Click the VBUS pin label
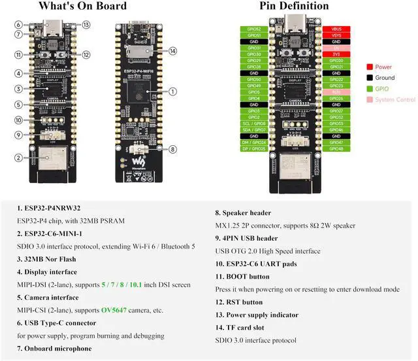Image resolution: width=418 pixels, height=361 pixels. [x=336, y=29]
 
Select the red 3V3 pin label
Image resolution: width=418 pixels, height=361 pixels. [x=336, y=54]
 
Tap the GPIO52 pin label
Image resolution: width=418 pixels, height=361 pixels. [x=254, y=29]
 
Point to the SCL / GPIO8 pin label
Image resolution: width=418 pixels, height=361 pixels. [x=254, y=123]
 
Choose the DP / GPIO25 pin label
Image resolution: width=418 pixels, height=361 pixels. [x=254, y=148]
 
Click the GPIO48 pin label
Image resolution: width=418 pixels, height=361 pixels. [x=336, y=148]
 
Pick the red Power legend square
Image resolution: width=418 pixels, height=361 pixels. [x=370, y=67]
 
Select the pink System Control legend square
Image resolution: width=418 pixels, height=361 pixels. [x=370, y=99]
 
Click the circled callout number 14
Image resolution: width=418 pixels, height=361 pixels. [x=172, y=50]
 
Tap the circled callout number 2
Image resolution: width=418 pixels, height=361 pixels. [x=19, y=157]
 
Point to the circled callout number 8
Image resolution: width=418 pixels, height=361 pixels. [x=172, y=148]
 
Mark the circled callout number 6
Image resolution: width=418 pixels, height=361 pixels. [x=19, y=24]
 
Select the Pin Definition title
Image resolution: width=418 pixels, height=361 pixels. [x=295, y=7]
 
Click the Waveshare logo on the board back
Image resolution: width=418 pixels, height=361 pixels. [x=138, y=159]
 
